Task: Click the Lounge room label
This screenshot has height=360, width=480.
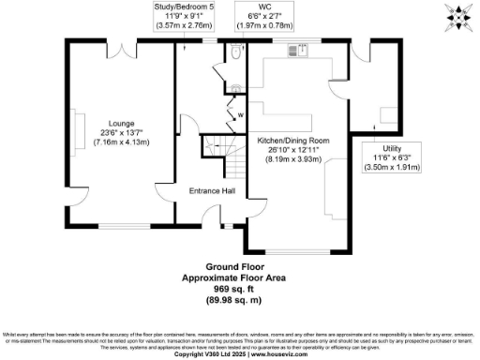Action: [x=120, y=124]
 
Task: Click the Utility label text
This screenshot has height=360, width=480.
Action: [x=392, y=147]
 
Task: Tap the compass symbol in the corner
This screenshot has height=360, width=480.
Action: [x=459, y=16]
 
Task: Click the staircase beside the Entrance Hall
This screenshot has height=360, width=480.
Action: [x=216, y=149]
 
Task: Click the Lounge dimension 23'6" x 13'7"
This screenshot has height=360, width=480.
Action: [x=120, y=133]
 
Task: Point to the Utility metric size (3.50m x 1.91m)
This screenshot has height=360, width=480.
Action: [x=392, y=168]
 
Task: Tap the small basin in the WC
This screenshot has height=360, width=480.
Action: [x=236, y=89]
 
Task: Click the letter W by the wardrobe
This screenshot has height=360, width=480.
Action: [x=240, y=115]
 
